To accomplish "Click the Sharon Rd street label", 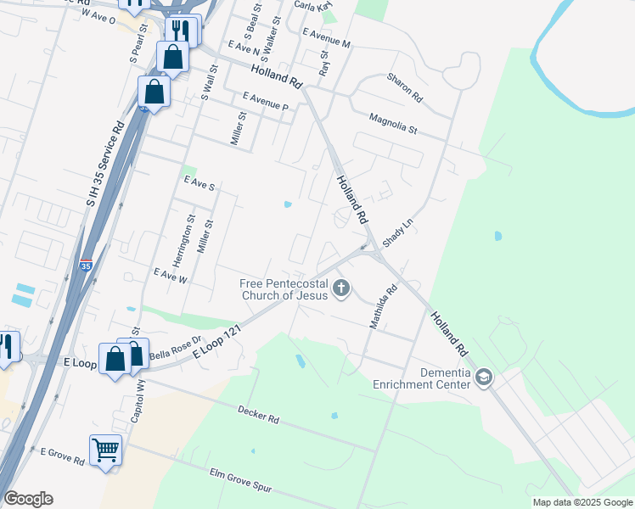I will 405,87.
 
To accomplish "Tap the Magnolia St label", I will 394,125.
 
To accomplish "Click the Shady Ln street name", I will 396,230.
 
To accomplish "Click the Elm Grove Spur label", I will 242,481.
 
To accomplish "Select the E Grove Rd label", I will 62,456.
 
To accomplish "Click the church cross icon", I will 341,288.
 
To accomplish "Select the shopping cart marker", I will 105,450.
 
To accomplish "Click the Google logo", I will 28,499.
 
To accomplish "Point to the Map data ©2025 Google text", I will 582,502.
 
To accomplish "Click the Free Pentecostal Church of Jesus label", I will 284,289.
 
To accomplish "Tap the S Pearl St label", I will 138,42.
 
